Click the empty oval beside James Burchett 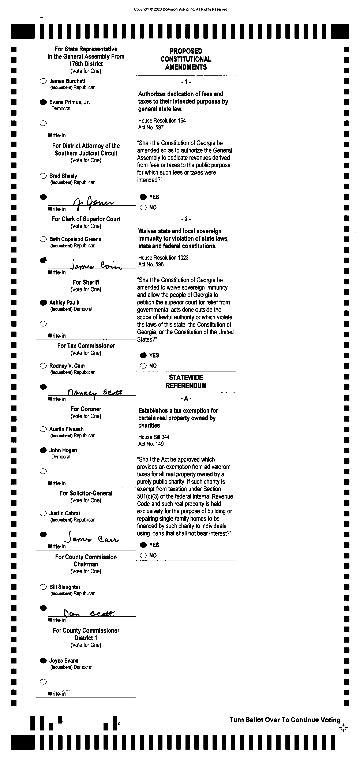[x=43, y=81]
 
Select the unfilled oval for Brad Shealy [x=43, y=176]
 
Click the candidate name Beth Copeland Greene [x=75, y=239]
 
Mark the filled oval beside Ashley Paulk [x=43, y=303]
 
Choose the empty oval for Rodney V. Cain [x=43, y=366]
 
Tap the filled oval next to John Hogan [x=43, y=450]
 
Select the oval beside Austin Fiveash [x=43, y=429]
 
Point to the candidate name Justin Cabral [x=64, y=513]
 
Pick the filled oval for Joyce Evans [x=43, y=661]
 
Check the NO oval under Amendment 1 [x=143, y=207]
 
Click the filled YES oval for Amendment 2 [x=143, y=355]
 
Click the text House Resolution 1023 [x=163, y=258]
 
